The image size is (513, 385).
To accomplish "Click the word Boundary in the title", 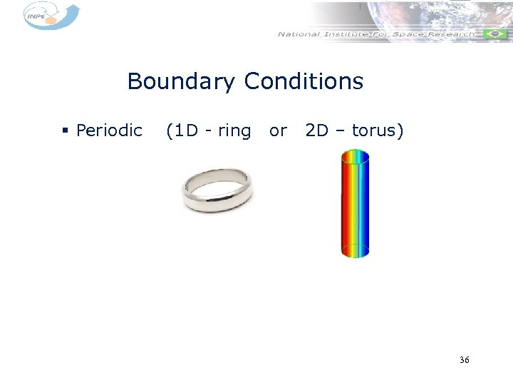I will point(182,82).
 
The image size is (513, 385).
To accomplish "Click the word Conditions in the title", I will point(304,82).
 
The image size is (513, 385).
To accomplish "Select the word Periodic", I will point(109,131).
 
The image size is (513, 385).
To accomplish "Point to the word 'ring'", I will point(234,131).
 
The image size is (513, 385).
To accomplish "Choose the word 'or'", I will point(278,131).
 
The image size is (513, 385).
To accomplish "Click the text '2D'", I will point(316,131).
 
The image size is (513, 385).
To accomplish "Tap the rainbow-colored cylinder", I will point(355,203).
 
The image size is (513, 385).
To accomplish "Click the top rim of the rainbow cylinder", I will point(355,155).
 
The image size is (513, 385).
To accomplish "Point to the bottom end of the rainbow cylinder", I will point(355,250).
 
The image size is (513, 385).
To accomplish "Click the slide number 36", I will point(465,360).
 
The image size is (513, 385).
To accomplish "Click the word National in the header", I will point(299,34).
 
